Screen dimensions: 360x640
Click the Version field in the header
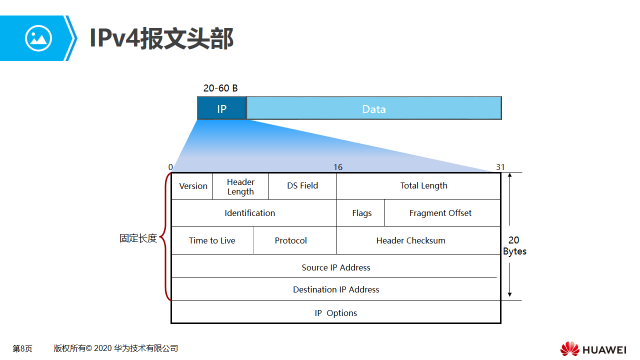click(x=193, y=186)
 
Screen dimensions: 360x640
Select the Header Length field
click(x=241, y=186)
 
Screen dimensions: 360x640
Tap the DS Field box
click(x=302, y=186)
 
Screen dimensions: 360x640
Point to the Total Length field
click(x=423, y=186)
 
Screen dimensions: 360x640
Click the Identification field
click(x=249, y=213)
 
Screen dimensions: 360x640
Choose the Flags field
click(x=361, y=213)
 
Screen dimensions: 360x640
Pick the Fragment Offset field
click(x=441, y=213)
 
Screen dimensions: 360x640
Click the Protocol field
click(x=290, y=241)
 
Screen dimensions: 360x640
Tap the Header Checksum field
click(x=410, y=241)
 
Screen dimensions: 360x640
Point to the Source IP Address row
click(x=336, y=268)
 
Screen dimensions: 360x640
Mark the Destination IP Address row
click(x=336, y=290)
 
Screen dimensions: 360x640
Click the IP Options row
click(x=336, y=313)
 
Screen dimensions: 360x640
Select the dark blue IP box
click(x=221, y=108)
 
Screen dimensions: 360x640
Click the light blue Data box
click(x=373, y=108)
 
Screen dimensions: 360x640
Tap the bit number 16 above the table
click(x=338, y=167)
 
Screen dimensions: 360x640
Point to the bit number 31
click(x=500, y=167)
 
